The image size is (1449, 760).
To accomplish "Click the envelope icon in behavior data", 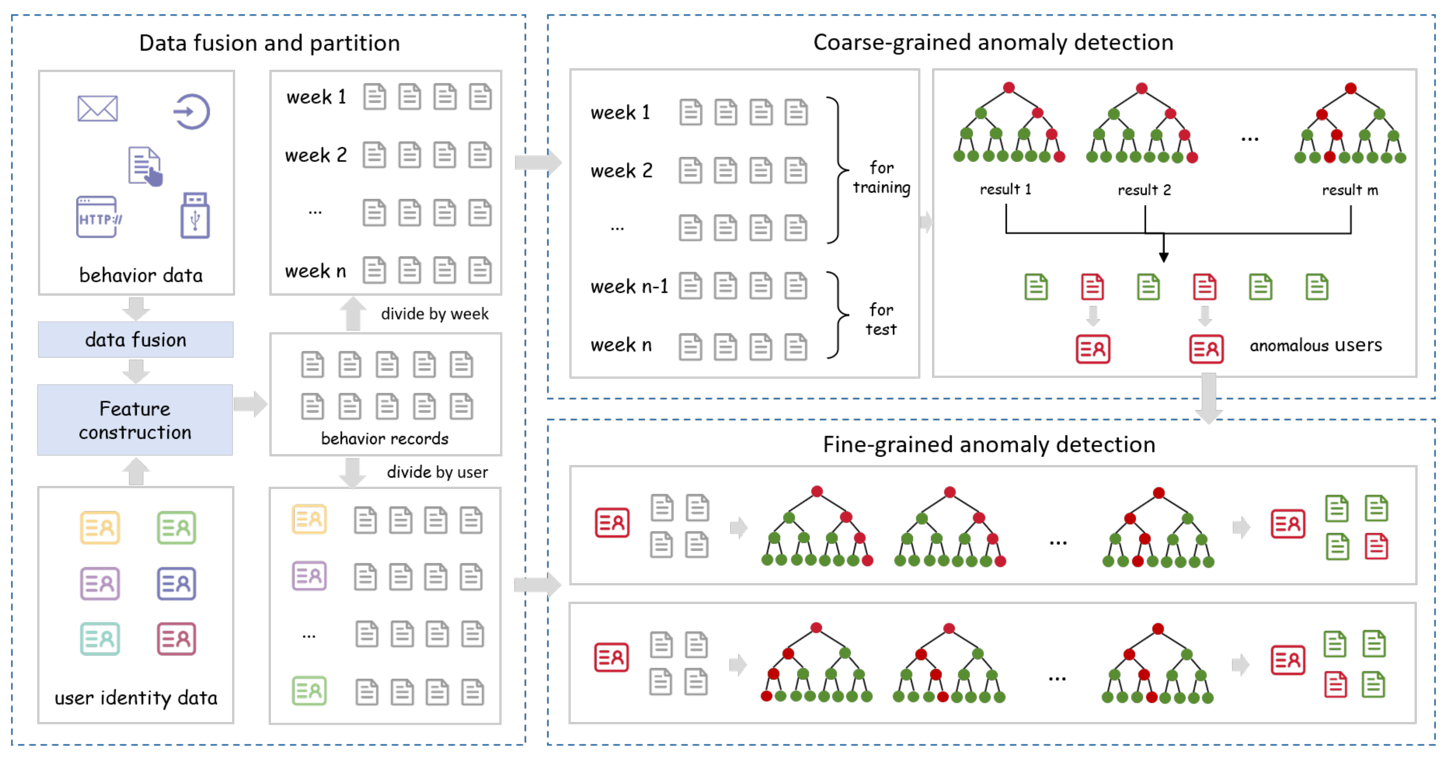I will point(97,109).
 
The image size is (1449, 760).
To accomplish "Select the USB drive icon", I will point(194,216).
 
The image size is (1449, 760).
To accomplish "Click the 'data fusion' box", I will point(136,339).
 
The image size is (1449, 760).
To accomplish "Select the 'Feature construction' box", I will point(135,420).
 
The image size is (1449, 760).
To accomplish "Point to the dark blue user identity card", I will point(176,584).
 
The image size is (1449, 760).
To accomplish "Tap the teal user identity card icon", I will point(99,639).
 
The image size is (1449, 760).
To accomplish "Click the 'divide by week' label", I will point(434,313).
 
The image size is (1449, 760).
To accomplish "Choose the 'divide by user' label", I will point(437,472).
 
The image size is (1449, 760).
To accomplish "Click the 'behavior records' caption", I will point(385,438).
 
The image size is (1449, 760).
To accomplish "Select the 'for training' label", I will point(881,177).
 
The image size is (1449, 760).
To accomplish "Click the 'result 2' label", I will point(1144,190).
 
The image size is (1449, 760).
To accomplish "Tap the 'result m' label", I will point(1350,190).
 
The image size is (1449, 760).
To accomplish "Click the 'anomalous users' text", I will point(1315,345).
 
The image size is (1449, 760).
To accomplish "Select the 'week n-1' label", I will point(629,287).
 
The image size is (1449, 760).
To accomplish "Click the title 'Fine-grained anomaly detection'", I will point(989,444).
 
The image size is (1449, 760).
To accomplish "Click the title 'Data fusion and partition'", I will point(269,43).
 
